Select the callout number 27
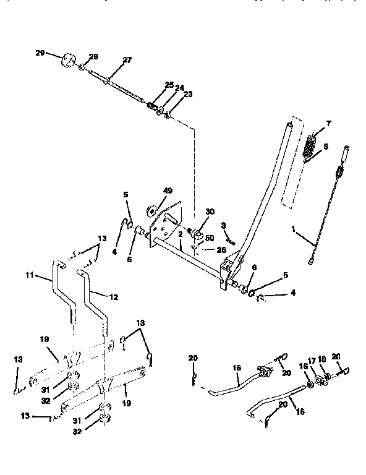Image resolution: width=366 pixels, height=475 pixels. click(127, 60)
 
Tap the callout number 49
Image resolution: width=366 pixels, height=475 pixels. click(168, 191)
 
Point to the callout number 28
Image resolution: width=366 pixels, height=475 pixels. click(94, 57)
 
